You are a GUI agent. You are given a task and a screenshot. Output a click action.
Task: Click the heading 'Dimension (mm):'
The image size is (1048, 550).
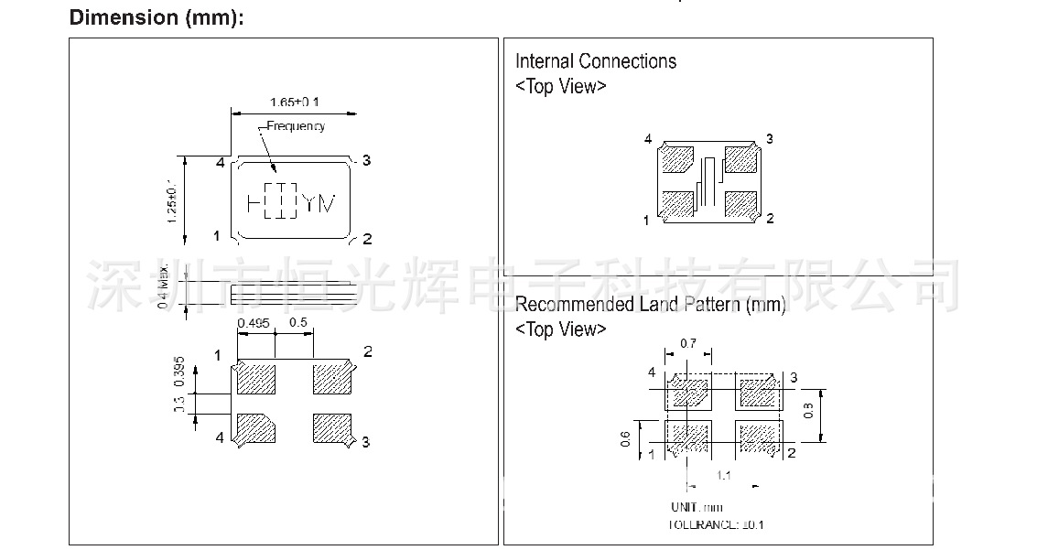[157, 17]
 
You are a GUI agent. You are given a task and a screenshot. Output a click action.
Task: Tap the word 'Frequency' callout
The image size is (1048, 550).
[296, 126]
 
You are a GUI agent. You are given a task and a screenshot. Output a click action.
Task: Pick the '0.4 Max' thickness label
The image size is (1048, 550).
[164, 286]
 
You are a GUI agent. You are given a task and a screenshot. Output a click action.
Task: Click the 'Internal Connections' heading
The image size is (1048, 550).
[596, 61]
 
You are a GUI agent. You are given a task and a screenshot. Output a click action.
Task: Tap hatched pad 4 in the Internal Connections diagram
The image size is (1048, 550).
[677, 159]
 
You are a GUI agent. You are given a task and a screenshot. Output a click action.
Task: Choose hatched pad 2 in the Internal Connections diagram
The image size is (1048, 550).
[740, 203]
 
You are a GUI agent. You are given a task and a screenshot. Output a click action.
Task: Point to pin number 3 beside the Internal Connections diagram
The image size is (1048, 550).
[770, 139]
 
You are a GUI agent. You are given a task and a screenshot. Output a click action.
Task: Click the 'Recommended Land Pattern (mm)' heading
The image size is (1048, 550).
[650, 305]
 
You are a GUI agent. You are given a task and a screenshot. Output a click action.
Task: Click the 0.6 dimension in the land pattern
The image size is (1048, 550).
[625, 439]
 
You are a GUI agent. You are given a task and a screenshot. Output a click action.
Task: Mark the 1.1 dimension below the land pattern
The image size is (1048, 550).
[723, 475]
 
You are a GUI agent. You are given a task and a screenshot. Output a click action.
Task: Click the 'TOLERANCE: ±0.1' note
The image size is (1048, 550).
[716, 525]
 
